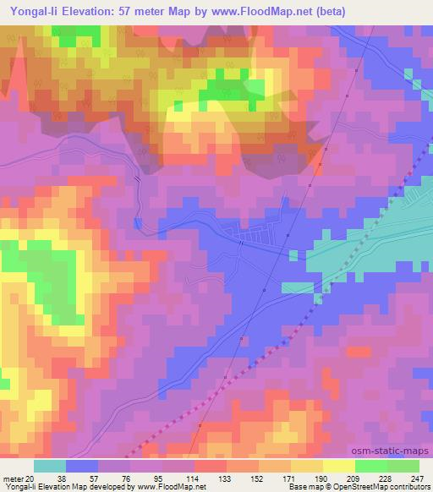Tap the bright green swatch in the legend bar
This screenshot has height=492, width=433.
point(370,466)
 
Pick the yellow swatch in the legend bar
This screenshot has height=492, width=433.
point(338,466)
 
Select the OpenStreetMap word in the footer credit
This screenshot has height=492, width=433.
point(375,487)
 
